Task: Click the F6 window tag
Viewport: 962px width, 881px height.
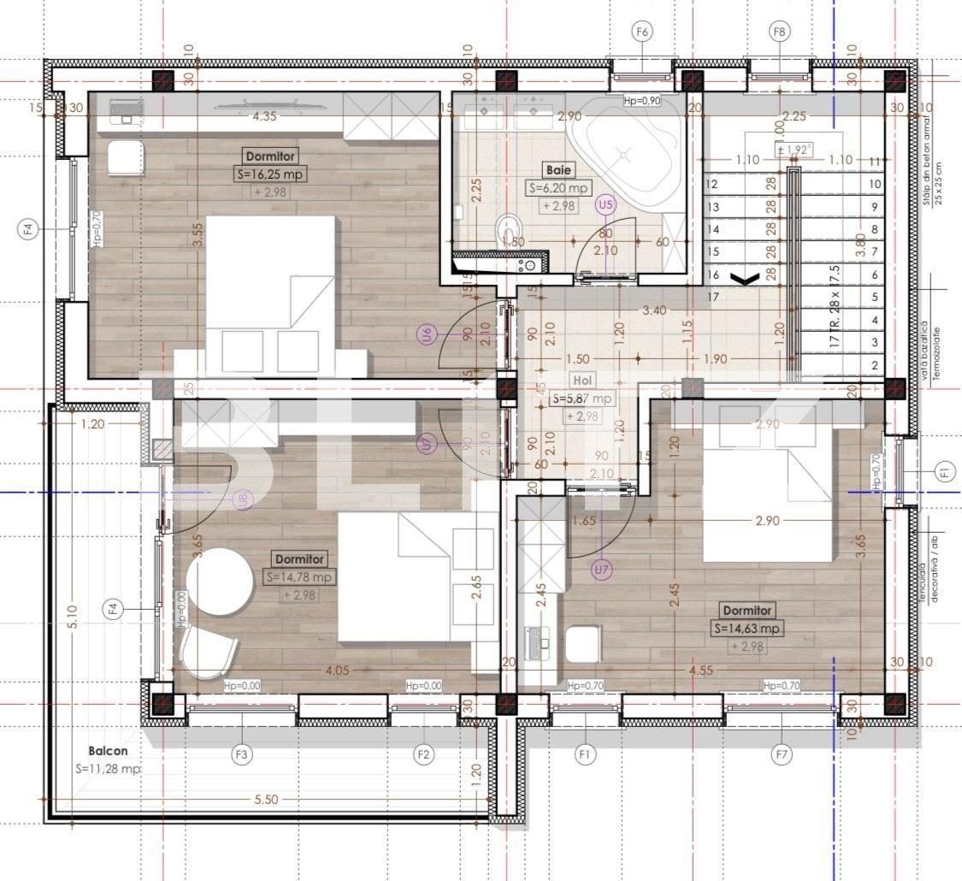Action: pos(643,32)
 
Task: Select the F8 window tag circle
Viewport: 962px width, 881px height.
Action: pos(779,32)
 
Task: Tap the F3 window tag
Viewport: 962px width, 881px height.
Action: pos(242,754)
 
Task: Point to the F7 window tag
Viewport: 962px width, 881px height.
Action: pos(781,754)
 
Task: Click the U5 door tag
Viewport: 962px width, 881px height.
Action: pos(605,204)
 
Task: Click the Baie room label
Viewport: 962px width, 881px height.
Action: pos(557,170)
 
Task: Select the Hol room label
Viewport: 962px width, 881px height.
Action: pos(583,381)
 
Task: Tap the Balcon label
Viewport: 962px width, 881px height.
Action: pos(108,751)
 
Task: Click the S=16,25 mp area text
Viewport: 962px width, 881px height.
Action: pos(271,174)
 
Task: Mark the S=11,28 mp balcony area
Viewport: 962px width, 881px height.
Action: pos(108,768)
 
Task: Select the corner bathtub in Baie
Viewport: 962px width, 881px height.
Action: pos(629,149)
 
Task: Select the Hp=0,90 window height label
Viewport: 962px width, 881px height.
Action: pos(642,101)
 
